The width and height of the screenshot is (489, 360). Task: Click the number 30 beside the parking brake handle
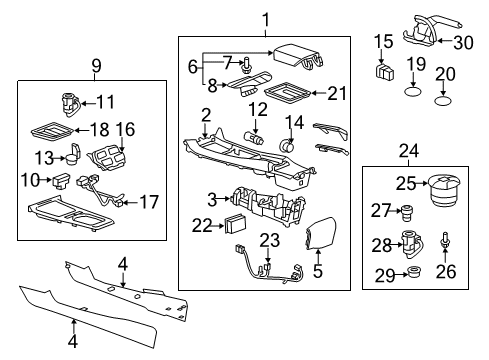click(461, 41)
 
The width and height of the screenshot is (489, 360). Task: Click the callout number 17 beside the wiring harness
click(148, 202)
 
